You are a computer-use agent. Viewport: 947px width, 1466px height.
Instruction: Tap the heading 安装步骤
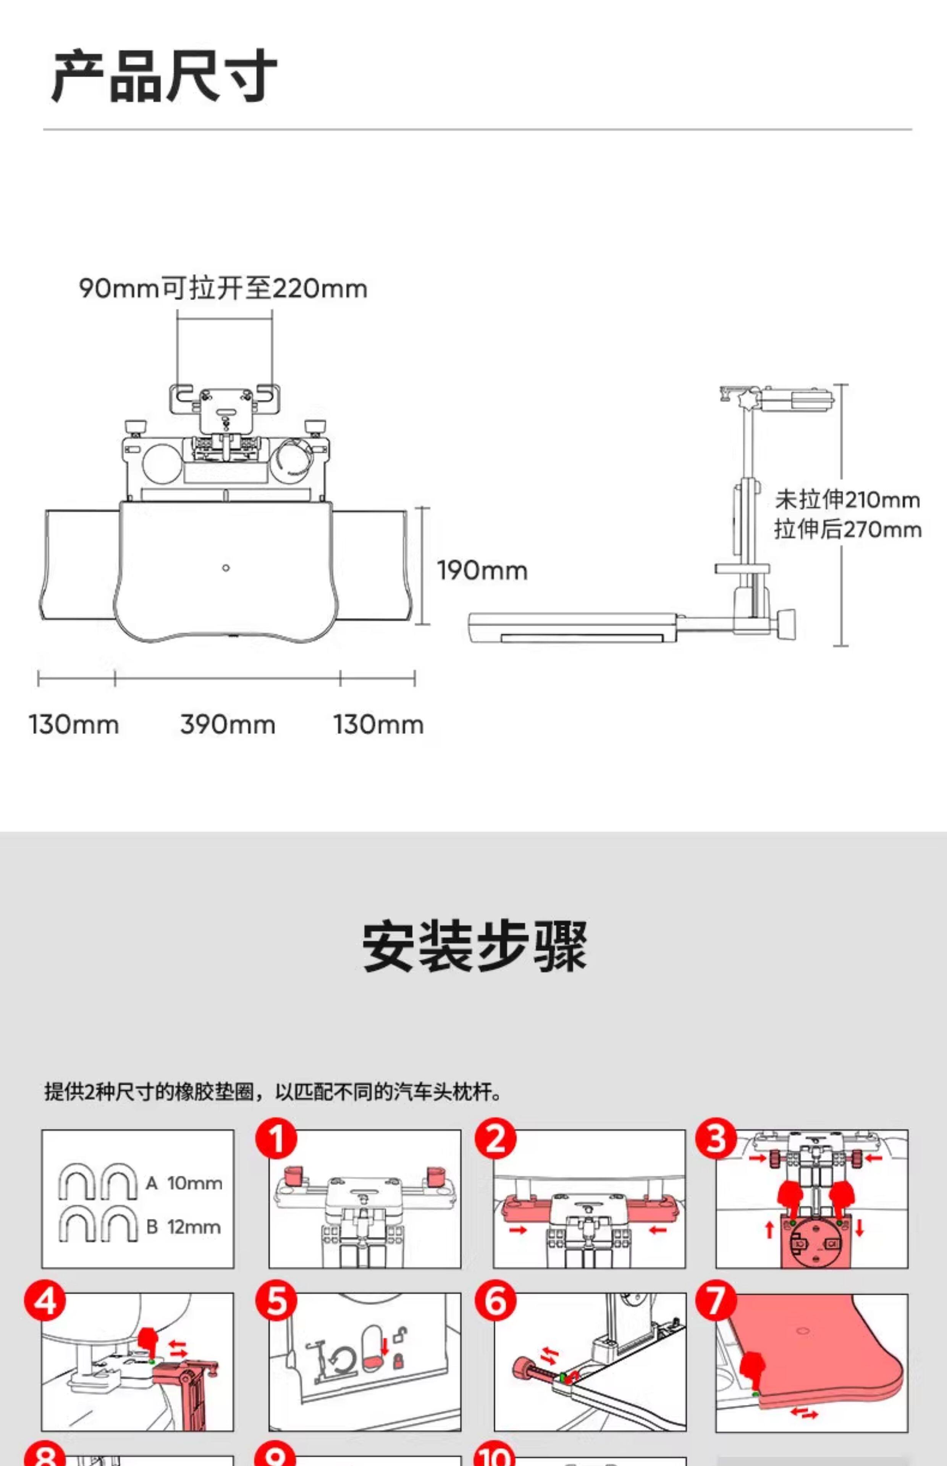click(x=474, y=946)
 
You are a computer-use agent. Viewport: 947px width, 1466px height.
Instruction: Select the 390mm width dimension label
click(x=228, y=724)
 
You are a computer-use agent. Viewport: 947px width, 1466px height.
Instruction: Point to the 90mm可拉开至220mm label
click(x=223, y=288)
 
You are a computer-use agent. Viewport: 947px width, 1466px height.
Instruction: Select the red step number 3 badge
click(x=716, y=1138)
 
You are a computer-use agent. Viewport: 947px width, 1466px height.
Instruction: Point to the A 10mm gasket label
click(x=183, y=1183)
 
